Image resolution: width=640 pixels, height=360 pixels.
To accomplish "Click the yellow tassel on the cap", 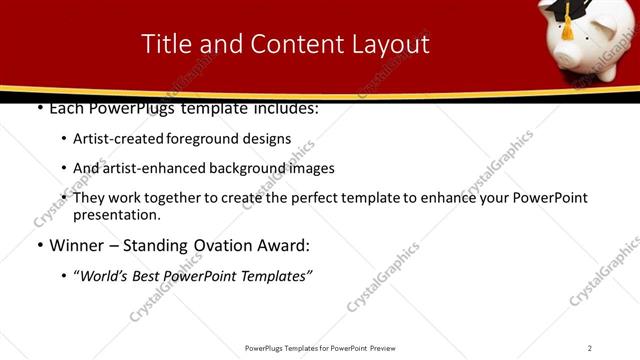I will (x=567, y=29).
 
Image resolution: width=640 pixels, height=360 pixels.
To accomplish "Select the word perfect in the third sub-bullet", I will (x=316, y=198).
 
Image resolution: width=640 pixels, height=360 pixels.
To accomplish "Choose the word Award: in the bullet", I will (x=284, y=245).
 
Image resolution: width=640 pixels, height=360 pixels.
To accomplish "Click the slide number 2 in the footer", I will (x=589, y=347).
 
